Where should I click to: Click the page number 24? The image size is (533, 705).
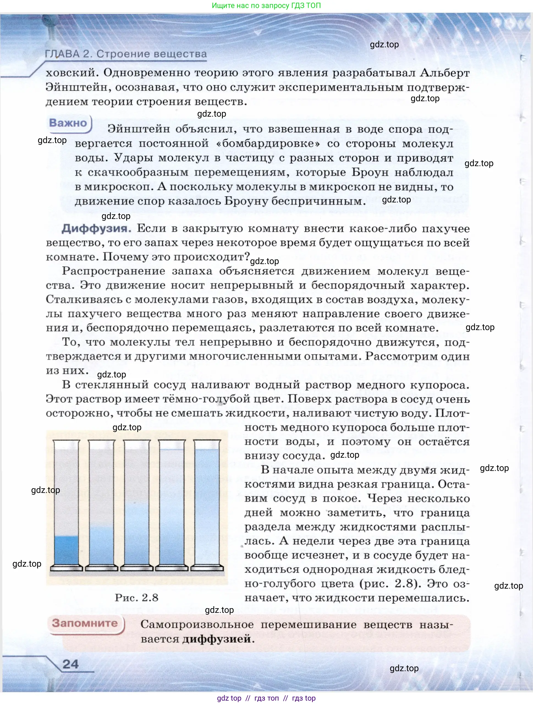(70, 664)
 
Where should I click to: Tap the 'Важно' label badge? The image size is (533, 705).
(68, 123)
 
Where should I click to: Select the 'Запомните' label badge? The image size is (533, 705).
(85, 623)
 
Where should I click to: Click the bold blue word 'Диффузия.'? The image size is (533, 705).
(96, 229)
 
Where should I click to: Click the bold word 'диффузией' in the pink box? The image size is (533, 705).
(217, 639)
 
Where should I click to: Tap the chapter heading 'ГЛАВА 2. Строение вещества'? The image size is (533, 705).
(126, 54)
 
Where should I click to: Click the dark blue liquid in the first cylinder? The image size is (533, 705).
(66, 550)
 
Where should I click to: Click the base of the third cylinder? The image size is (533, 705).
(137, 568)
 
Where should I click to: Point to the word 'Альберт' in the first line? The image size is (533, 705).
(445, 73)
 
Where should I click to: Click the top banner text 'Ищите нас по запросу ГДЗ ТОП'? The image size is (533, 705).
(266, 6)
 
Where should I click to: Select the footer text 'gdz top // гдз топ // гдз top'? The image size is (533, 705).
(266, 698)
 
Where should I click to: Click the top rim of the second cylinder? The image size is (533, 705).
(101, 441)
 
